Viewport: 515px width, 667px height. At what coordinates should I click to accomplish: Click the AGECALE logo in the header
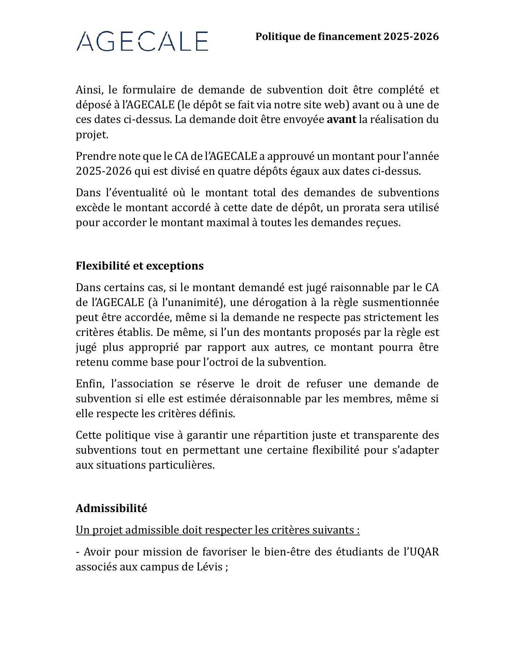(142, 41)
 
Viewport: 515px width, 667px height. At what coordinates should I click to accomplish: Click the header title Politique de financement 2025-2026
(347, 36)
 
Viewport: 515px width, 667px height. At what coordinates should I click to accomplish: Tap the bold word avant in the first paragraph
(341, 120)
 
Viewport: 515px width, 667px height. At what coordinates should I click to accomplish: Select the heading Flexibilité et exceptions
(140, 266)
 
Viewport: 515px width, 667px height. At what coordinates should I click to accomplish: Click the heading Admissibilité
(111, 508)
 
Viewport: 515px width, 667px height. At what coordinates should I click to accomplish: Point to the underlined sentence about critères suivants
(218, 530)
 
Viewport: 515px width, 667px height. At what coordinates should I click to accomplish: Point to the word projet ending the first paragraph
(91, 135)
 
